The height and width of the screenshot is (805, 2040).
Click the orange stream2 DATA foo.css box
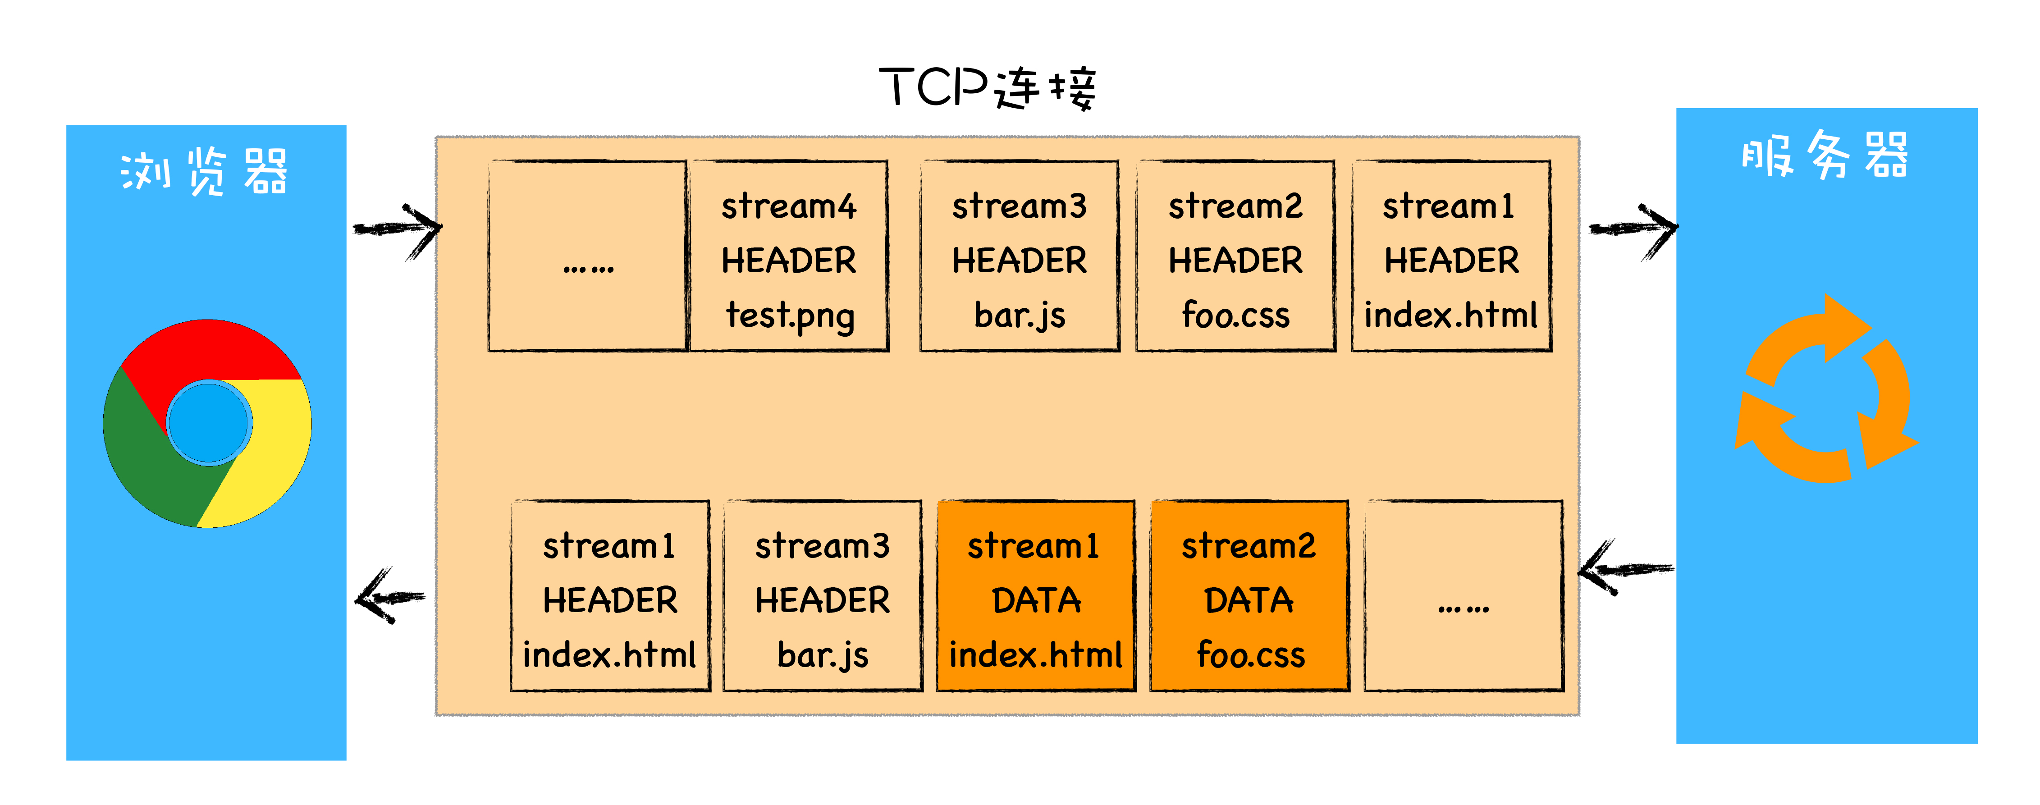1249,596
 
